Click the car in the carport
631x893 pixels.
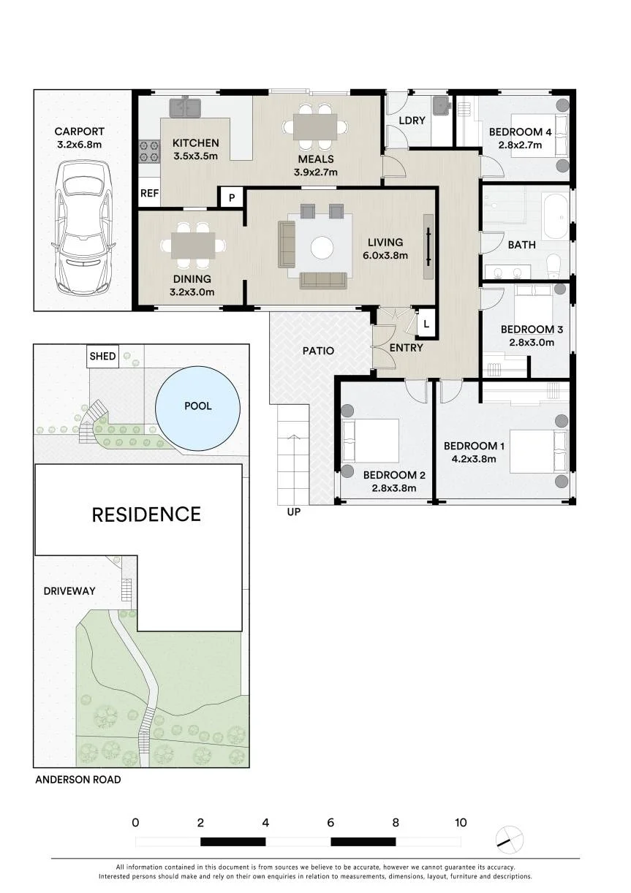(x=83, y=228)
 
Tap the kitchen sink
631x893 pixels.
(x=185, y=107)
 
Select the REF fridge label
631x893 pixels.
(x=150, y=194)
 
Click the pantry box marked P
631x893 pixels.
(x=232, y=197)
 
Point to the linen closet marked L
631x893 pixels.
(x=426, y=324)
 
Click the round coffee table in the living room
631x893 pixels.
(x=322, y=248)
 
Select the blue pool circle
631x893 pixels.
(x=197, y=408)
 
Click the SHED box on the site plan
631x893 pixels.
(x=103, y=356)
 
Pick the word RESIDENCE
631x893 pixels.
(x=146, y=514)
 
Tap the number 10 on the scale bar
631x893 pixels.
(x=461, y=822)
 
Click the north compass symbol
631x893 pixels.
(x=510, y=839)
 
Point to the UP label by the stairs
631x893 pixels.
(x=293, y=512)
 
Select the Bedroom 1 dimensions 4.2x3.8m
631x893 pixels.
(x=474, y=459)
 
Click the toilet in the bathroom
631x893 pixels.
(x=553, y=267)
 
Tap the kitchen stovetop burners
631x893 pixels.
(x=148, y=151)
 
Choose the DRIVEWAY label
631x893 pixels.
(x=69, y=590)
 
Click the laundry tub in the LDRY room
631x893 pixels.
(x=442, y=105)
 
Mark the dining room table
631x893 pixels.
(x=193, y=246)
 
